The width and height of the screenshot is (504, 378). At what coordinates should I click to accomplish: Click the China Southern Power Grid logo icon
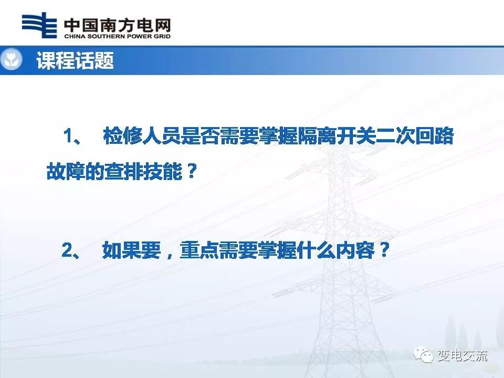39,25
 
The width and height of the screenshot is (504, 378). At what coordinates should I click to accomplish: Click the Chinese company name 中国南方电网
117,24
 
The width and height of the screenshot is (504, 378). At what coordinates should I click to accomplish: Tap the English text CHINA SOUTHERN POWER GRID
117,37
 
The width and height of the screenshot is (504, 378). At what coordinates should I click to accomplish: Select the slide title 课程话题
75,61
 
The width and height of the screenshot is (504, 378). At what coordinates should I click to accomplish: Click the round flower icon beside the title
11,60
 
